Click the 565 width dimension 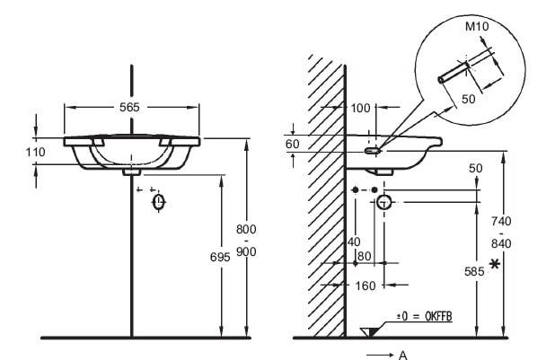tap(129, 107)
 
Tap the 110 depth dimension tap(35, 153)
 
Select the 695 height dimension tap(220, 258)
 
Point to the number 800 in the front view tap(246, 230)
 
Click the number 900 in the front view tap(246, 251)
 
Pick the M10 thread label tap(477, 26)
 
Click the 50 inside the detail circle tap(468, 99)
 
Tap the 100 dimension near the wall tap(360, 108)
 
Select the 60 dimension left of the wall tap(293, 144)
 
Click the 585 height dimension tap(474, 271)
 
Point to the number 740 tap(501, 221)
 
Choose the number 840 tap(501, 243)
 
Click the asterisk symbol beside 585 tap(495, 264)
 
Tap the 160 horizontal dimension tap(365, 285)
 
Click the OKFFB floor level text tap(438, 316)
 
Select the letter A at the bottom tap(403, 355)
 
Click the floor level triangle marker tap(369, 332)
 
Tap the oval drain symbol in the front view tap(159, 203)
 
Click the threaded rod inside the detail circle tap(454, 73)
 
